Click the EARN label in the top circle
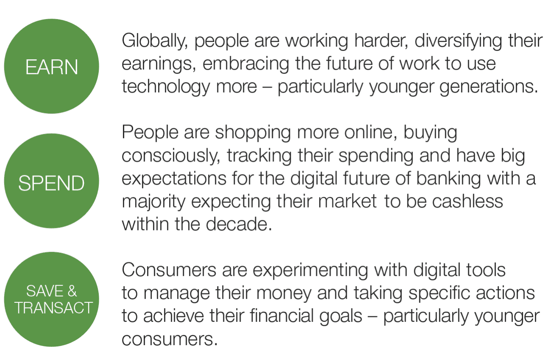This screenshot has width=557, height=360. (52, 67)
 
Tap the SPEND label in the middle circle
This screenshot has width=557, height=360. (51, 183)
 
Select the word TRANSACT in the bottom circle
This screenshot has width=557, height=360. (54, 307)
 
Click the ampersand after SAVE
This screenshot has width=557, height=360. (72, 291)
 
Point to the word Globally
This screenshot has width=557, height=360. (155, 41)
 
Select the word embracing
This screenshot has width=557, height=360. (246, 64)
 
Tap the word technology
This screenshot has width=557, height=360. (166, 87)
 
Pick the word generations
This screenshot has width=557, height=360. (489, 87)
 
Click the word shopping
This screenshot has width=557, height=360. (253, 133)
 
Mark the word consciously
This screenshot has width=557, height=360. (171, 156)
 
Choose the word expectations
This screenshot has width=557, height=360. (174, 179)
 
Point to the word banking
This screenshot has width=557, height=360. (448, 179)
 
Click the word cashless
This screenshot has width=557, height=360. (468, 201)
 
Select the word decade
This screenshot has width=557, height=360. (239, 224)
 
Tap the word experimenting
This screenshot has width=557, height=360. (310, 271)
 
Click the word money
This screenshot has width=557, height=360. (284, 294)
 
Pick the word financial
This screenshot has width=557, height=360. (281, 316)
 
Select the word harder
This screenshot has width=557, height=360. (381, 41)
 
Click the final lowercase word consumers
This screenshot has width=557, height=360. (170, 339)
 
